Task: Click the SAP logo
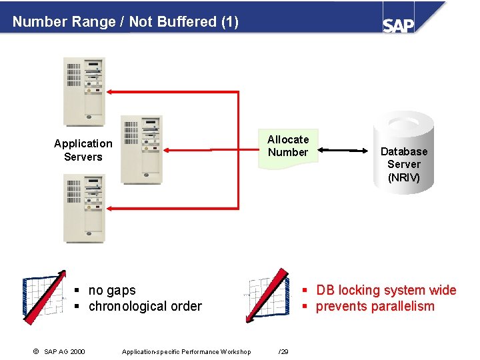[399, 24]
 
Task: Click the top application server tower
[84, 91]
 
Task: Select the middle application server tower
[141, 150]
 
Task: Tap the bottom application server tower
[84, 207]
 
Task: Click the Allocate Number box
[288, 147]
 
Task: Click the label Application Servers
[83, 150]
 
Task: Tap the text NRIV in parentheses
[404, 177]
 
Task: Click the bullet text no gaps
[112, 291]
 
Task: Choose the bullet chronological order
[145, 307]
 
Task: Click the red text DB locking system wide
[386, 291]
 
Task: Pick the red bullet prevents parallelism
[375, 307]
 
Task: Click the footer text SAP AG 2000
[64, 352]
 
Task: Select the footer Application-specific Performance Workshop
[187, 352]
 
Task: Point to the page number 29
[283, 352]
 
